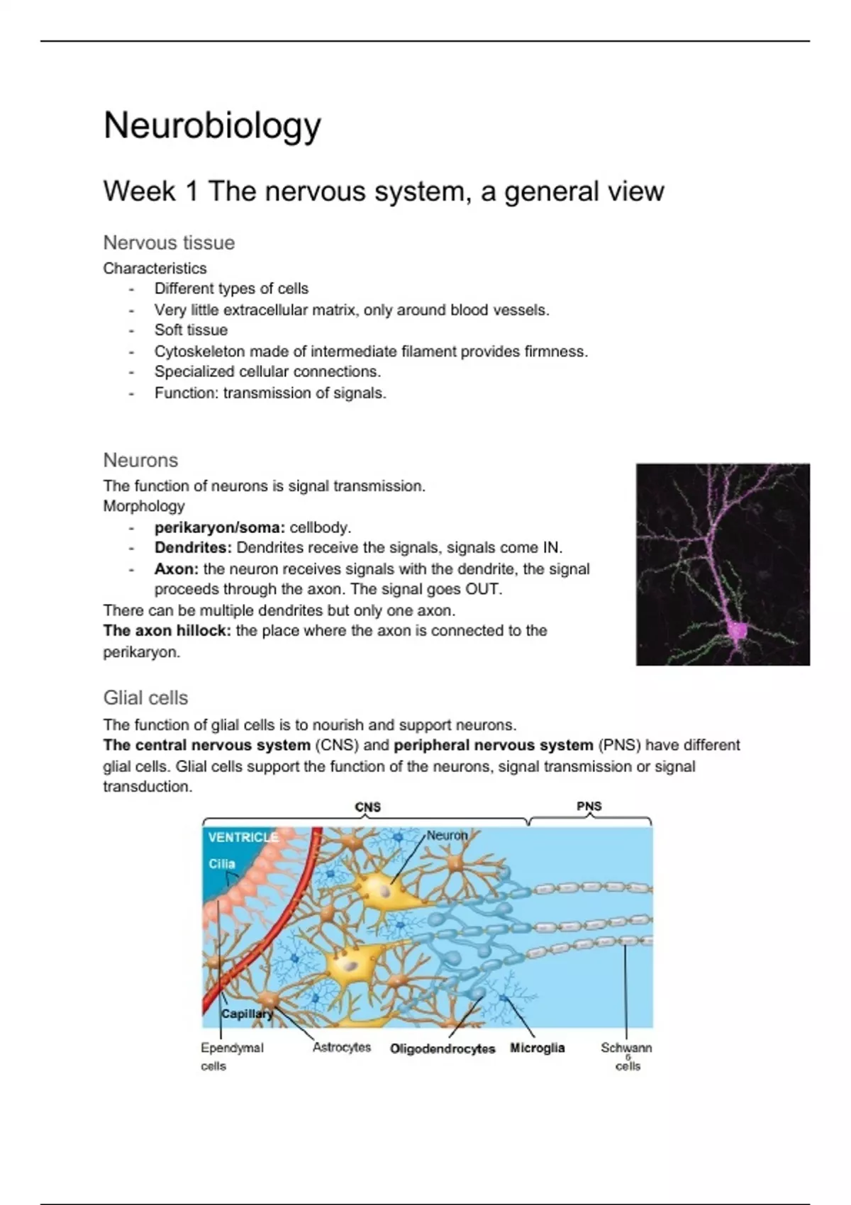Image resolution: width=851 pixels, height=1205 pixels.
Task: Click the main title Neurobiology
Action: pos(212,126)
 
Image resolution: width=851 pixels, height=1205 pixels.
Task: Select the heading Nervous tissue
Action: pos(169,242)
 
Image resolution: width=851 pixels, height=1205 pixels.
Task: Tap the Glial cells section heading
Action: pos(145,697)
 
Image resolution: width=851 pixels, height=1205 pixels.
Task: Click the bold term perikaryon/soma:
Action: pos(220,527)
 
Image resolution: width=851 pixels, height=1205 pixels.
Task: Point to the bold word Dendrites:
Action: pos(193,547)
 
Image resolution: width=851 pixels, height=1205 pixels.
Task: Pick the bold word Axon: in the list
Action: pos(177,568)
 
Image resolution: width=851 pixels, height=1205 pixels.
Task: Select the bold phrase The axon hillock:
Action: pos(167,630)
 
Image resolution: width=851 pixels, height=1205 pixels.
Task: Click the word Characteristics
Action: pos(155,268)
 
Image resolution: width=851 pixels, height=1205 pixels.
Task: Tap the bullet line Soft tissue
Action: pos(191,330)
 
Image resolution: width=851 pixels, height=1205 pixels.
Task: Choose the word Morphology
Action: pos(144,506)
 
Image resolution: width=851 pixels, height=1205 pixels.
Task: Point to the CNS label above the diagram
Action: pos(367,807)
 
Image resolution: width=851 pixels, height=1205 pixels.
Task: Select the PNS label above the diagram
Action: pos(589,806)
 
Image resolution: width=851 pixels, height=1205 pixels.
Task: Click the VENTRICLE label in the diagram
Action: pos(243,837)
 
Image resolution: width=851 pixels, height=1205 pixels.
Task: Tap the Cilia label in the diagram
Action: pos(221,863)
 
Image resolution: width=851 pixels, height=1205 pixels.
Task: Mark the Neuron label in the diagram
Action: pos(447,835)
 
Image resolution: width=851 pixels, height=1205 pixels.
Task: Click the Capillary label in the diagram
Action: pos(246,1014)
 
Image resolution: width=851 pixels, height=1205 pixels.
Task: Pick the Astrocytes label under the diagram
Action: pos(342,1047)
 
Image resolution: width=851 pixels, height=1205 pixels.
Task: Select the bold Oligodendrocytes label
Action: pos(443,1048)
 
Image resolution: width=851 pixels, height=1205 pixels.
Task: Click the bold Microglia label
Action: pos(537,1048)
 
